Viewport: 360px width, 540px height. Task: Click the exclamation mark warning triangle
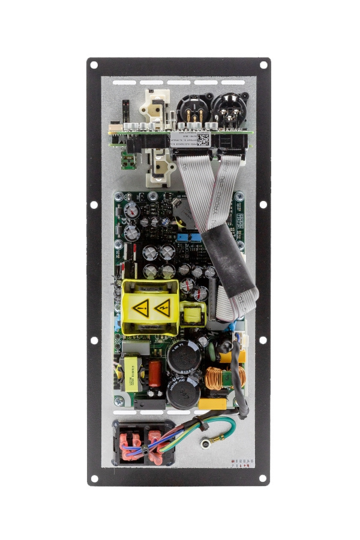141,310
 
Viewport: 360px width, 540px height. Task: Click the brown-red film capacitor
154,373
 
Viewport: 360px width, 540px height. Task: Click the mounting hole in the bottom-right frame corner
262,478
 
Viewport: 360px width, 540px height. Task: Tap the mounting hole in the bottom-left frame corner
94,479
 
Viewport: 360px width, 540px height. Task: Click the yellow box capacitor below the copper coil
214,404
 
